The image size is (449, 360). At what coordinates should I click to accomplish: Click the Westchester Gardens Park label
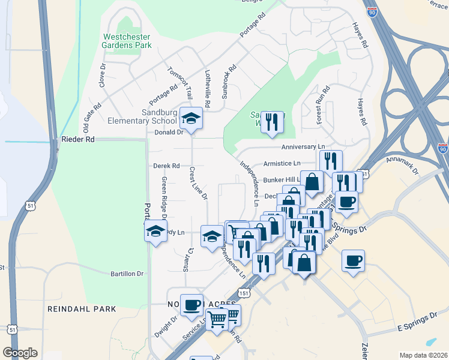[126, 41]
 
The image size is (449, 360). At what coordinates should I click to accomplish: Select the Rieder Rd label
[78, 139]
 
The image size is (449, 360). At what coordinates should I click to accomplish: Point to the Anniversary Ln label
[303, 146]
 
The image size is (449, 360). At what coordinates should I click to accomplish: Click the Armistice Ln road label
[282, 163]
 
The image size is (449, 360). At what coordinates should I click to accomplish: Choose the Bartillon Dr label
[127, 274]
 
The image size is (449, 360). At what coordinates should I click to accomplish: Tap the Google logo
[20, 353]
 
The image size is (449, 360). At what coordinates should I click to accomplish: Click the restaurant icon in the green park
[272, 122]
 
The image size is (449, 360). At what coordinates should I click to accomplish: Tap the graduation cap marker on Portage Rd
[155, 230]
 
